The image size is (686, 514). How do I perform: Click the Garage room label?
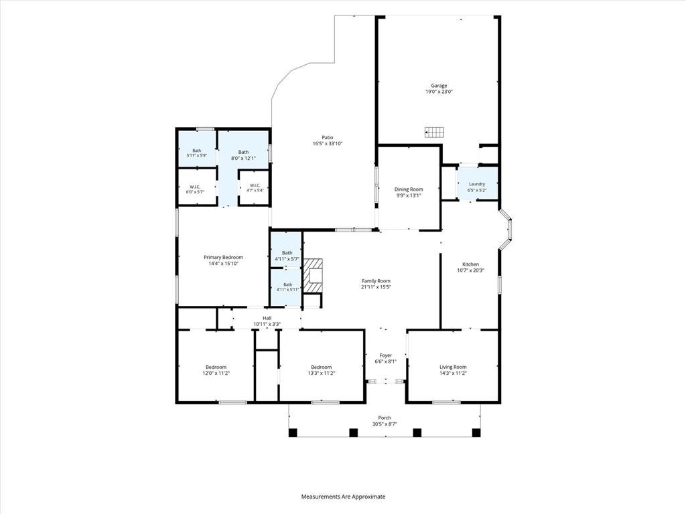pyautogui.click(x=439, y=86)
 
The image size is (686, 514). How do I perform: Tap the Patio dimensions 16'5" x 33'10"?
pyautogui.click(x=327, y=144)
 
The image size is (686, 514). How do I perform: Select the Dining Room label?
pyautogui.click(x=409, y=189)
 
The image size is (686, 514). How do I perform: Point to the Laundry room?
pyautogui.click(x=477, y=184)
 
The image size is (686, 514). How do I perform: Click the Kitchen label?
pyautogui.click(x=471, y=264)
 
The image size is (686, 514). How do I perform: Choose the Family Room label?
pyautogui.click(x=376, y=281)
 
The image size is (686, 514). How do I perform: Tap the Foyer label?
pyautogui.click(x=385, y=355)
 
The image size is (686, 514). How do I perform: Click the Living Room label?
pyautogui.click(x=453, y=367)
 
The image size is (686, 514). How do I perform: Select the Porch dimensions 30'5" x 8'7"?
pyautogui.click(x=385, y=424)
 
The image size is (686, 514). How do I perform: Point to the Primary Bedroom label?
pyautogui.click(x=223, y=258)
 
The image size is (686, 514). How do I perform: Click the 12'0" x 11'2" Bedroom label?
pyautogui.click(x=216, y=367)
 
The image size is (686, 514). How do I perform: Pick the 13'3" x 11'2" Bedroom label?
pyautogui.click(x=322, y=367)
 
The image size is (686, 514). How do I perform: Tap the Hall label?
pyautogui.click(x=267, y=318)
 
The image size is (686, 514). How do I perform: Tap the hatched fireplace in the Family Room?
pyautogui.click(x=314, y=276)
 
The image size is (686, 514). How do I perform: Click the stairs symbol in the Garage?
pyautogui.click(x=434, y=132)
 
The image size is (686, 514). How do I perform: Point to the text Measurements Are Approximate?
pyautogui.click(x=343, y=497)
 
